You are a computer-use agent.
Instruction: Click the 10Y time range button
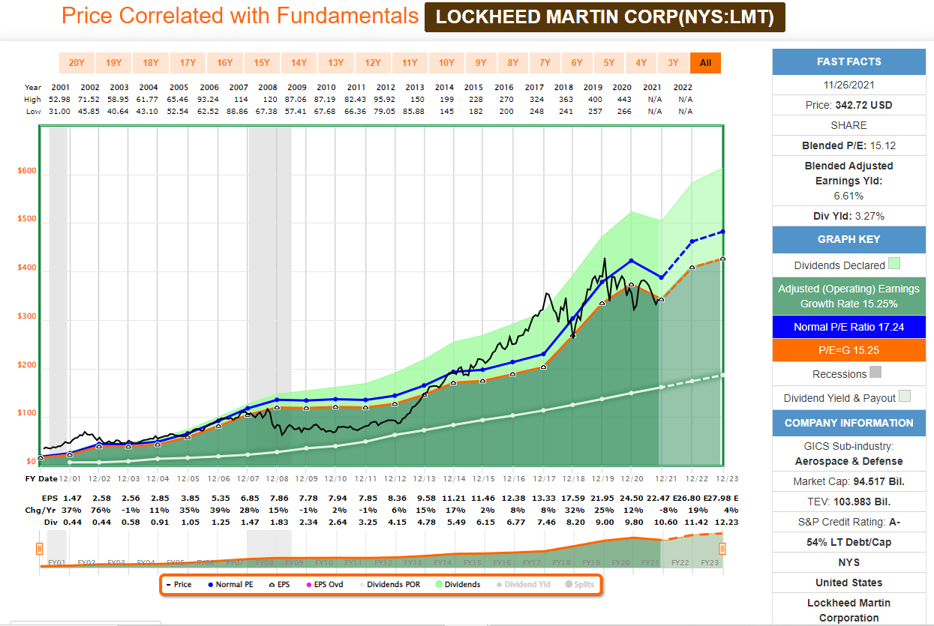click(446, 63)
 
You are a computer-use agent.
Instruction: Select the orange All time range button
click(705, 63)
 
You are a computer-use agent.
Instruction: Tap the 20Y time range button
click(77, 63)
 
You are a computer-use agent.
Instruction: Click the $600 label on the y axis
click(27, 171)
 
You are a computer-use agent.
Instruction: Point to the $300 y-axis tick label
click(27, 316)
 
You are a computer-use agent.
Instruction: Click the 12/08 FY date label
click(277, 478)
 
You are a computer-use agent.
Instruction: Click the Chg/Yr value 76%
click(90, 509)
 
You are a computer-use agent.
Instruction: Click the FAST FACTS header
click(848, 62)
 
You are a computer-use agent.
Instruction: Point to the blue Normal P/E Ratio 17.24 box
click(848, 327)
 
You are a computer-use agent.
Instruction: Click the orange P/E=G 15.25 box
click(848, 350)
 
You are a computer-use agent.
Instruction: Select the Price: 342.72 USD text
click(848, 105)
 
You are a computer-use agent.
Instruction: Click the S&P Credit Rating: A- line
click(848, 522)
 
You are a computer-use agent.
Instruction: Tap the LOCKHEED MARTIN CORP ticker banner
click(605, 16)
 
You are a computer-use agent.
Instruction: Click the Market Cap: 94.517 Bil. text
click(848, 481)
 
